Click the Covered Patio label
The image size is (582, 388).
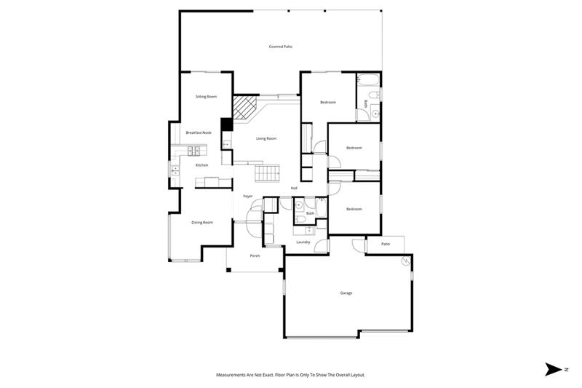coord(280,47)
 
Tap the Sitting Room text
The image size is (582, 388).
coord(206,97)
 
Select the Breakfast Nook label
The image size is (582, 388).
coord(198,132)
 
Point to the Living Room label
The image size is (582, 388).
coord(266,138)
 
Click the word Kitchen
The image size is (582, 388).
coord(202,165)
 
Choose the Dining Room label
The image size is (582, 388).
coord(202,222)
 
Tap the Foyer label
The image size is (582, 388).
coord(247,197)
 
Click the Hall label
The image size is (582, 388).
coord(294,188)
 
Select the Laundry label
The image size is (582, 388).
coord(303,242)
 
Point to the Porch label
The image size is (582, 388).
coord(255,256)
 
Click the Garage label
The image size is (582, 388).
coord(346,293)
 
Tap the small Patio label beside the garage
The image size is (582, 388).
coord(386,244)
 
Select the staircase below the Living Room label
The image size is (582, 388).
coord(267,173)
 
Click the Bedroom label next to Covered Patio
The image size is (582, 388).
coord(327,102)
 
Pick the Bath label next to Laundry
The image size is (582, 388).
coord(310,213)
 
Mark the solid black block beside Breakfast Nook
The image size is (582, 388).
coord(226,124)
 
